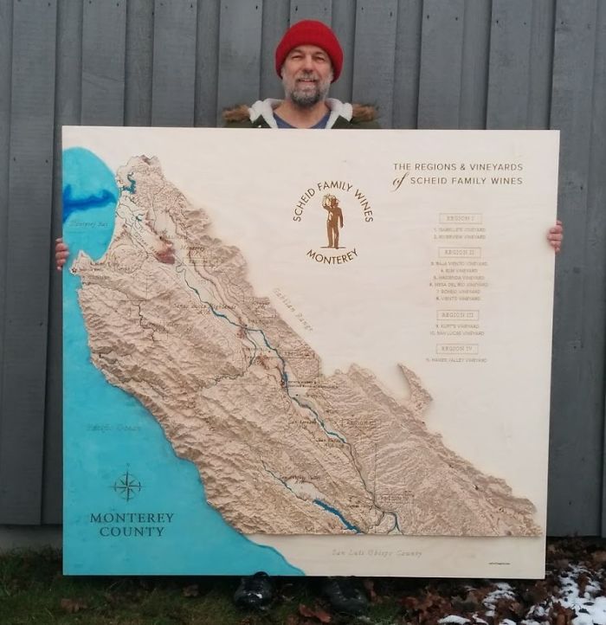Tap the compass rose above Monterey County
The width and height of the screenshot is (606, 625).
point(127,485)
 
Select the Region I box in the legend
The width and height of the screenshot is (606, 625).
point(459,218)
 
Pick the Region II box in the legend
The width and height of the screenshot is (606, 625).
point(459,253)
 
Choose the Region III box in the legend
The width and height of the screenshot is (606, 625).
point(458,315)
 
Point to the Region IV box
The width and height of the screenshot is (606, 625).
point(457,349)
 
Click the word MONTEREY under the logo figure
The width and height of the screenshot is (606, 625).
point(332,255)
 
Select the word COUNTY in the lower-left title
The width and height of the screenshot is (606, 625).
point(131,532)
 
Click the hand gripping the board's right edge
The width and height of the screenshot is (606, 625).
point(554,235)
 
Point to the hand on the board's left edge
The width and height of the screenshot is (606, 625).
point(61,254)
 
